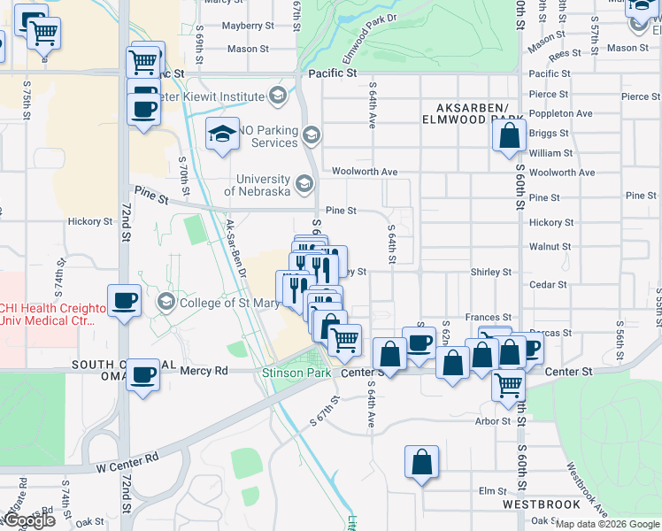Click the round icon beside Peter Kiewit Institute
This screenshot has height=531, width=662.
point(277,96)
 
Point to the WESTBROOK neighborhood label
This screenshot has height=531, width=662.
point(541,504)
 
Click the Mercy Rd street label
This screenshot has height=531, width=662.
point(204,371)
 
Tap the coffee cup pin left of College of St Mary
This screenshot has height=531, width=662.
point(124,300)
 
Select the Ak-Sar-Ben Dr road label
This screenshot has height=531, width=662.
point(235,250)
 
